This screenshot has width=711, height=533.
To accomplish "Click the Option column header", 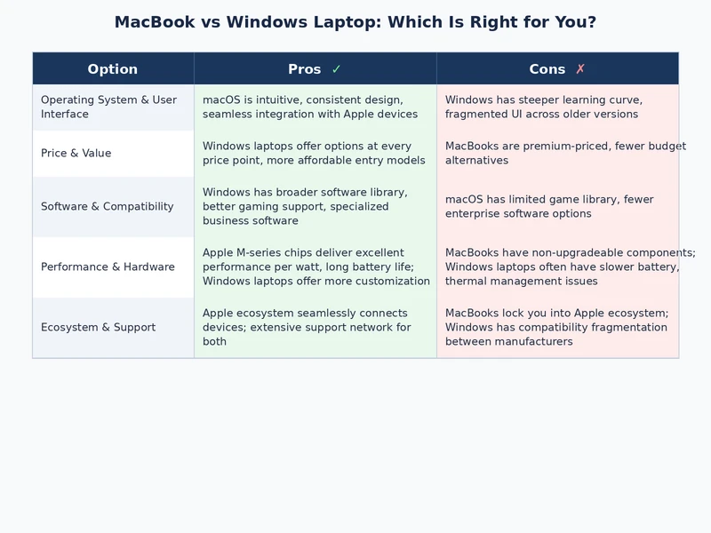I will tap(113, 69).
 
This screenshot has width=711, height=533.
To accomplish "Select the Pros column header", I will tap(305, 69).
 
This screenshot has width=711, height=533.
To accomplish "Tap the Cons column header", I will tap(547, 69).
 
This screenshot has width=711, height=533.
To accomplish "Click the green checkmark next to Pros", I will tap(336, 69).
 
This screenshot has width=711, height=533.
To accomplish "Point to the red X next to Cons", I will tap(580, 69).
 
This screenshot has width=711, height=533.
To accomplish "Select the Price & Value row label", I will tap(76, 154).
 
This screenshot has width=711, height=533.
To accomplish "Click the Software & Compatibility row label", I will tap(108, 207).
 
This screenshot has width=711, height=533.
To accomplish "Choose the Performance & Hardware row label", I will tap(108, 267).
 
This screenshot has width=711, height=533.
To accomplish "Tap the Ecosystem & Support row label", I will tap(99, 328).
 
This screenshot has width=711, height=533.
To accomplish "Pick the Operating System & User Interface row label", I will tap(108, 107).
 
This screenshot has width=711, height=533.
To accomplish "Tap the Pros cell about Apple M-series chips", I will tap(316, 267).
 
